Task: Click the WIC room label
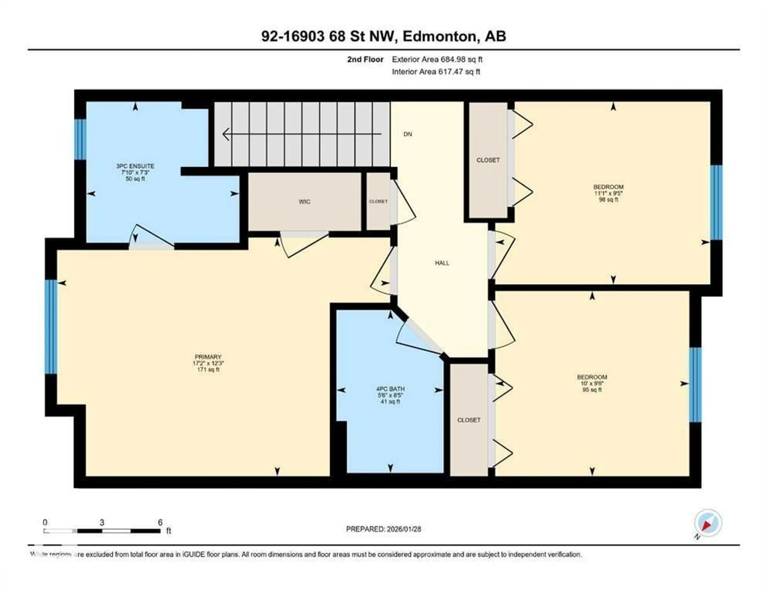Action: (304, 201)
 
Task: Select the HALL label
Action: (442, 263)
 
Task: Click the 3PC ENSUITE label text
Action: (135, 166)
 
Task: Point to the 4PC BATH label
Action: (390, 389)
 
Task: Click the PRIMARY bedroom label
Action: (208, 357)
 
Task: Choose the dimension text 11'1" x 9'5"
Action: (608, 193)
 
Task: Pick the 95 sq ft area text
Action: (592, 390)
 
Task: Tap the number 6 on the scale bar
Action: (160, 523)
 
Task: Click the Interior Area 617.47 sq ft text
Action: (436, 72)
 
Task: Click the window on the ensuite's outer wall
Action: (80, 139)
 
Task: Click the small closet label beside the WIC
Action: (378, 201)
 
